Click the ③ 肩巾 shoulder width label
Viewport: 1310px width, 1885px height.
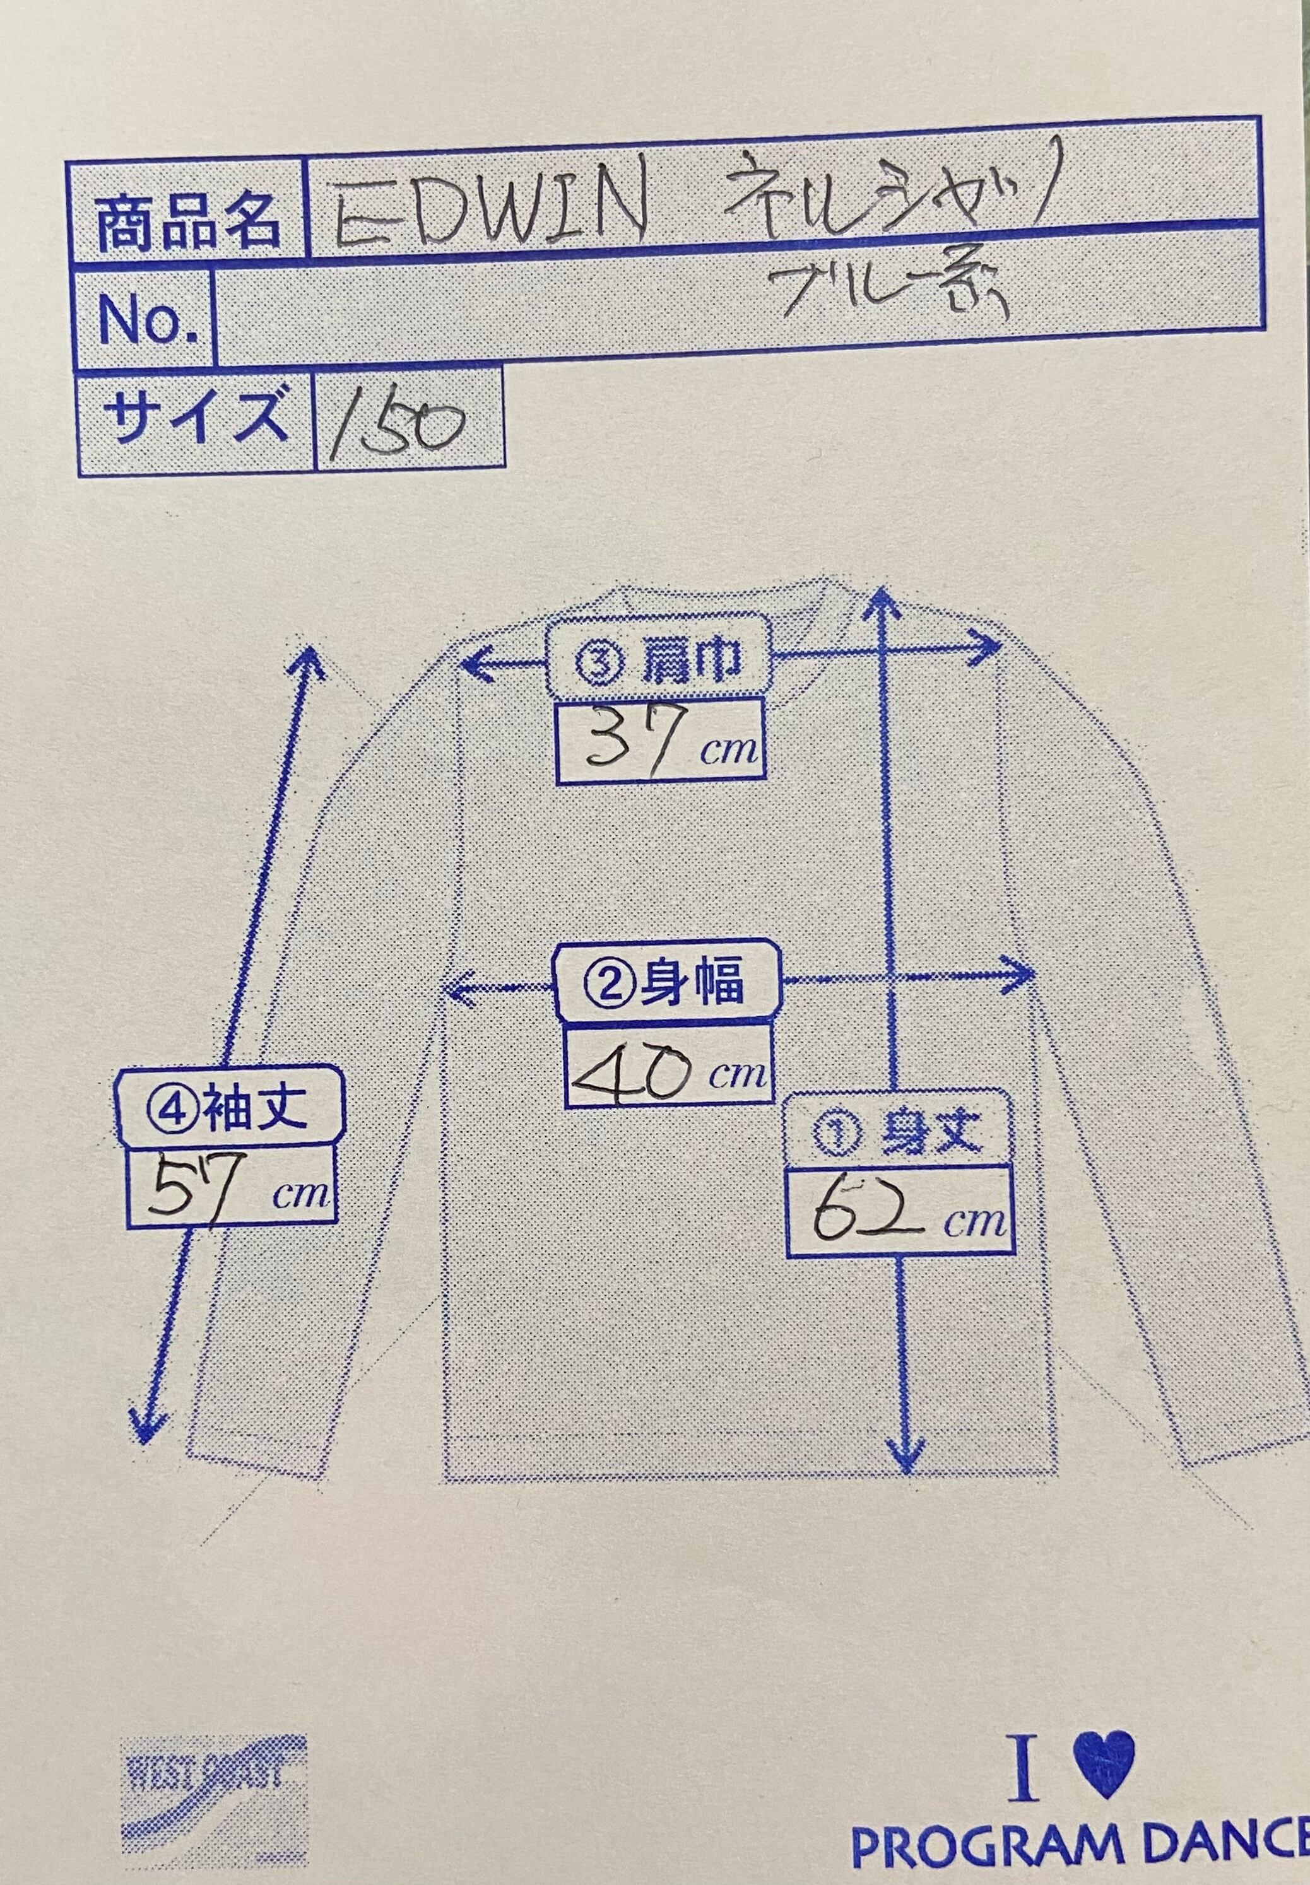tap(659, 663)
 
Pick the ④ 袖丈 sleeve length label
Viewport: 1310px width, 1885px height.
tap(227, 1107)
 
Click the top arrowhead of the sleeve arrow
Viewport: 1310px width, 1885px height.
tap(310, 654)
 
